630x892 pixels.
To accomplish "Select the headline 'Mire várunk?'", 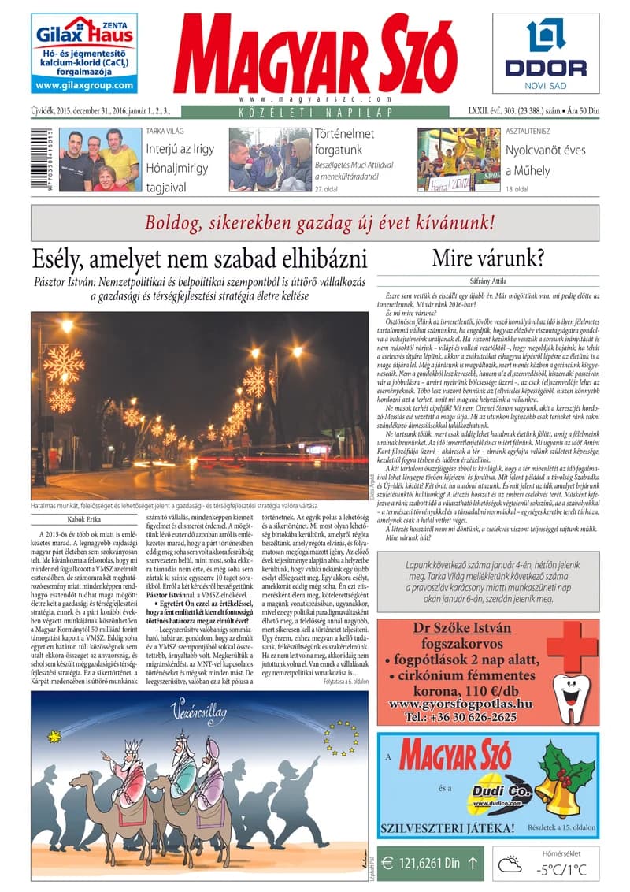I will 489,258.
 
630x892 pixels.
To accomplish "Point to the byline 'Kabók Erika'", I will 83,518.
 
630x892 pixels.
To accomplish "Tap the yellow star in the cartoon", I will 54,737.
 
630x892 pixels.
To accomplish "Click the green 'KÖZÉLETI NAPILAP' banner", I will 314,113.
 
